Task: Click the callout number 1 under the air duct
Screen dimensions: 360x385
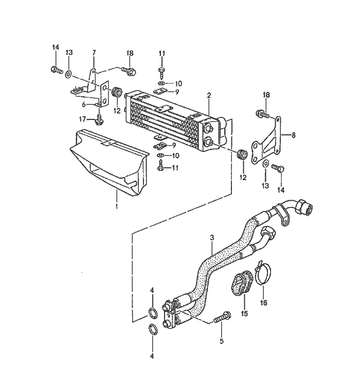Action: point(117,206)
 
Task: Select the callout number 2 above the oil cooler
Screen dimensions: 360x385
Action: point(209,96)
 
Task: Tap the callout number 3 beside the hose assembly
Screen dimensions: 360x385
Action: point(212,238)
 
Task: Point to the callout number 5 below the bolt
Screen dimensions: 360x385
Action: point(222,341)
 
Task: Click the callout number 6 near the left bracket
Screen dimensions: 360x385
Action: point(84,105)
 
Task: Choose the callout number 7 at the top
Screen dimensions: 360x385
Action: point(94,53)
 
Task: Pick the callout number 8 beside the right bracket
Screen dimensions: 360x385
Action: point(294,135)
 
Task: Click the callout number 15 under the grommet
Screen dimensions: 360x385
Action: point(244,313)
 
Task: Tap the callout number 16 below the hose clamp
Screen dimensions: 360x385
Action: point(263,303)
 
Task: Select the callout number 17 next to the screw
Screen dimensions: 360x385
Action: point(83,119)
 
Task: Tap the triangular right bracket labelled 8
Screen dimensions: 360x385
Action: point(266,141)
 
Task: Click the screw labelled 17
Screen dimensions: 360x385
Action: point(99,120)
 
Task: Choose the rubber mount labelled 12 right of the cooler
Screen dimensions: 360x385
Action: point(242,155)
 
